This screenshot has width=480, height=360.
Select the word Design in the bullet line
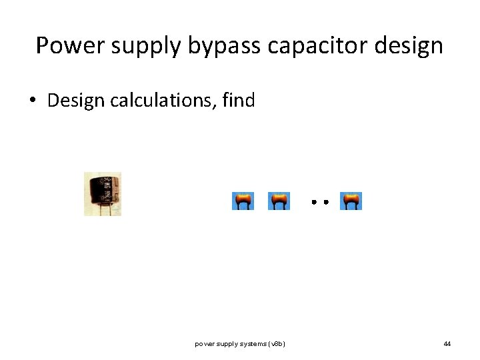point(75,101)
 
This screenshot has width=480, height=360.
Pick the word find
point(239,101)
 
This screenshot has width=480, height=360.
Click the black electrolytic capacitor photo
point(102,189)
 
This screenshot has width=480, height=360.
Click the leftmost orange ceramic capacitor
point(243,201)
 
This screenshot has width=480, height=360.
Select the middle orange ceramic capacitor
point(279,201)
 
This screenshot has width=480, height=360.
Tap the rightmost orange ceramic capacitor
point(351,201)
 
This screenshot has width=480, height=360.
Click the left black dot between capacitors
point(313,201)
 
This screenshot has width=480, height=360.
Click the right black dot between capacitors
point(325,201)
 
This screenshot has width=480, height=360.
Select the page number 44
point(447,344)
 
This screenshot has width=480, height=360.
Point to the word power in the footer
point(203,344)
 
